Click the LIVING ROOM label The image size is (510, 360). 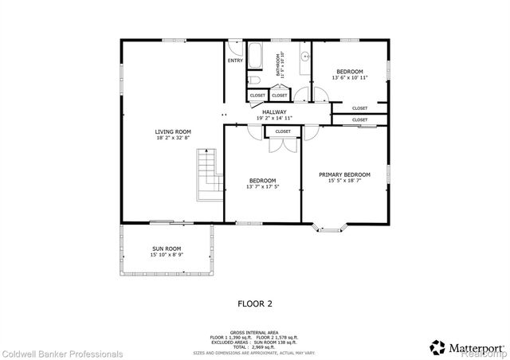point(172,131)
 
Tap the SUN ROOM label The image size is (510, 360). point(167,249)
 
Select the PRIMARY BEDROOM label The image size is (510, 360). point(344,174)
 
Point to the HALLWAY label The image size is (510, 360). point(274,113)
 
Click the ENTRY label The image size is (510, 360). point(235,61)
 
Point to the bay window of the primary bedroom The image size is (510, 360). point(328,227)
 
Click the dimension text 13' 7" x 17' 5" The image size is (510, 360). point(262,187)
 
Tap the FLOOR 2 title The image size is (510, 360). point(255,303)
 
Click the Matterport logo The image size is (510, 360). point(465,347)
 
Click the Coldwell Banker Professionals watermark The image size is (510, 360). point(62,354)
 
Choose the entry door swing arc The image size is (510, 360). point(233,47)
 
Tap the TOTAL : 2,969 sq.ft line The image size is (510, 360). point(255,346)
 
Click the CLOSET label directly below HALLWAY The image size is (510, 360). point(283,131)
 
